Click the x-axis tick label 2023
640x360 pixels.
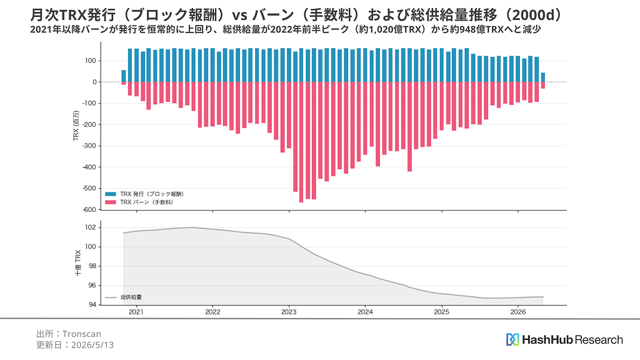(x=289, y=312)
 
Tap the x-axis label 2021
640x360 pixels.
(x=136, y=312)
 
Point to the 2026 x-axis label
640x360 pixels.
(x=518, y=312)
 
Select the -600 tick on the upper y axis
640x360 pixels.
(x=89, y=210)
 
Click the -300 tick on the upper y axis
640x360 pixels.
(x=89, y=146)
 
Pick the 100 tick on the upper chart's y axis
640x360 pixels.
(x=91, y=61)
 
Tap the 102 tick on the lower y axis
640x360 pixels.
(x=91, y=227)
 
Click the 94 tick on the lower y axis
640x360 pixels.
(x=92, y=305)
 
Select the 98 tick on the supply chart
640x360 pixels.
(x=92, y=266)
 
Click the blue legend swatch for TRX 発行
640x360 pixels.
(x=111, y=194)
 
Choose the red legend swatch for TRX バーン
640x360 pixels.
(x=111, y=202)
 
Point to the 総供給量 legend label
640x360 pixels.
(x=131, y=297)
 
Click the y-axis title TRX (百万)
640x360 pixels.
(x=76, y=126)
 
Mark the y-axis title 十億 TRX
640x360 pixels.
(x=78, y=263)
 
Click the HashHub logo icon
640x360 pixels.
(x=512, y=339)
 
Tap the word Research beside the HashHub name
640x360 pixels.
(x=599, y=339)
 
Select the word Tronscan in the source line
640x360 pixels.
(x=82, y=334)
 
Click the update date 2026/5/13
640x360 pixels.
(x=92, y=345)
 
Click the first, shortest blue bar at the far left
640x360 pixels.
(x=124, y=76)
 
